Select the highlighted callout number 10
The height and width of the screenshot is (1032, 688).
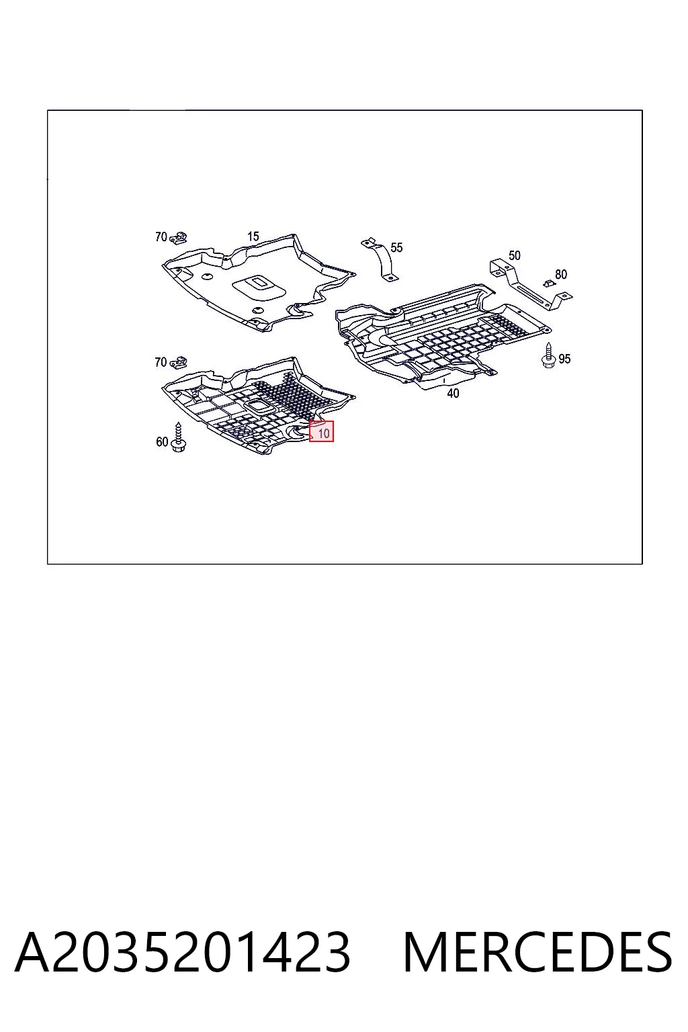click(323, 433)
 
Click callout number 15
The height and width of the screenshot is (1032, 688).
click(253, 236)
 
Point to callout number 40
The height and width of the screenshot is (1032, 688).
click(453, 394)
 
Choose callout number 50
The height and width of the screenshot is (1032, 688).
click(514, 255)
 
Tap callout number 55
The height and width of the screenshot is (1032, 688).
click(396, 247)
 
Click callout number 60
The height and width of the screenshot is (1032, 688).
click(162, 442)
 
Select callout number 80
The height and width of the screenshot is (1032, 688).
click(561, 274)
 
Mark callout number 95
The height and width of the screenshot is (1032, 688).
click(564, 358)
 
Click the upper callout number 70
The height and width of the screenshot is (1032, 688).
click(161, 236)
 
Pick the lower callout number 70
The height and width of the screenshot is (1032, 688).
click(161, 362)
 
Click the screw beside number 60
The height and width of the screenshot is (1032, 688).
click(178, 437)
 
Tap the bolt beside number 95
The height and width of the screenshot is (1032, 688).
click(548, 355)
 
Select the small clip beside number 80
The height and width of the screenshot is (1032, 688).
click(548, 282)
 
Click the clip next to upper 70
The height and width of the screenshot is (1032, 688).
click(178, 239)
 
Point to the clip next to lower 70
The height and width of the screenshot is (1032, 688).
click(178, 363)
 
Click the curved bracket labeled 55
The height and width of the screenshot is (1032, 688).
click(382, 259)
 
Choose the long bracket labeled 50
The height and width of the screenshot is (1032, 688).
click(530, 285)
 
